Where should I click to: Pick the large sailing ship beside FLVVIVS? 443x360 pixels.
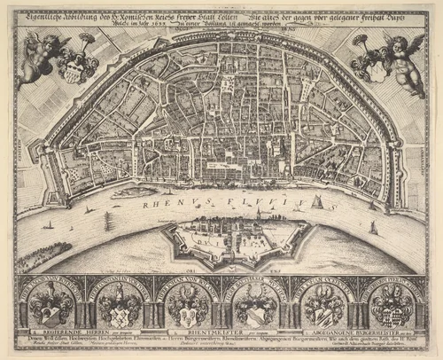pyautogui.click(x=317, y=202)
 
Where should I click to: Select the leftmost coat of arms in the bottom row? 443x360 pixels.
pyautogui.click(x=51, y=306)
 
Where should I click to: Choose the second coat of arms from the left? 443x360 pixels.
pyautogui.click(x=119, y=307)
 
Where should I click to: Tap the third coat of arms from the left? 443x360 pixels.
pyautogui.click(x=187, y=307)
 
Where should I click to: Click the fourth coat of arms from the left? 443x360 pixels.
pyautogui.click(x=255, y=307)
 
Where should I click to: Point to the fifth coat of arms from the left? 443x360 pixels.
pyautogui.click(x=323, y=307)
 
